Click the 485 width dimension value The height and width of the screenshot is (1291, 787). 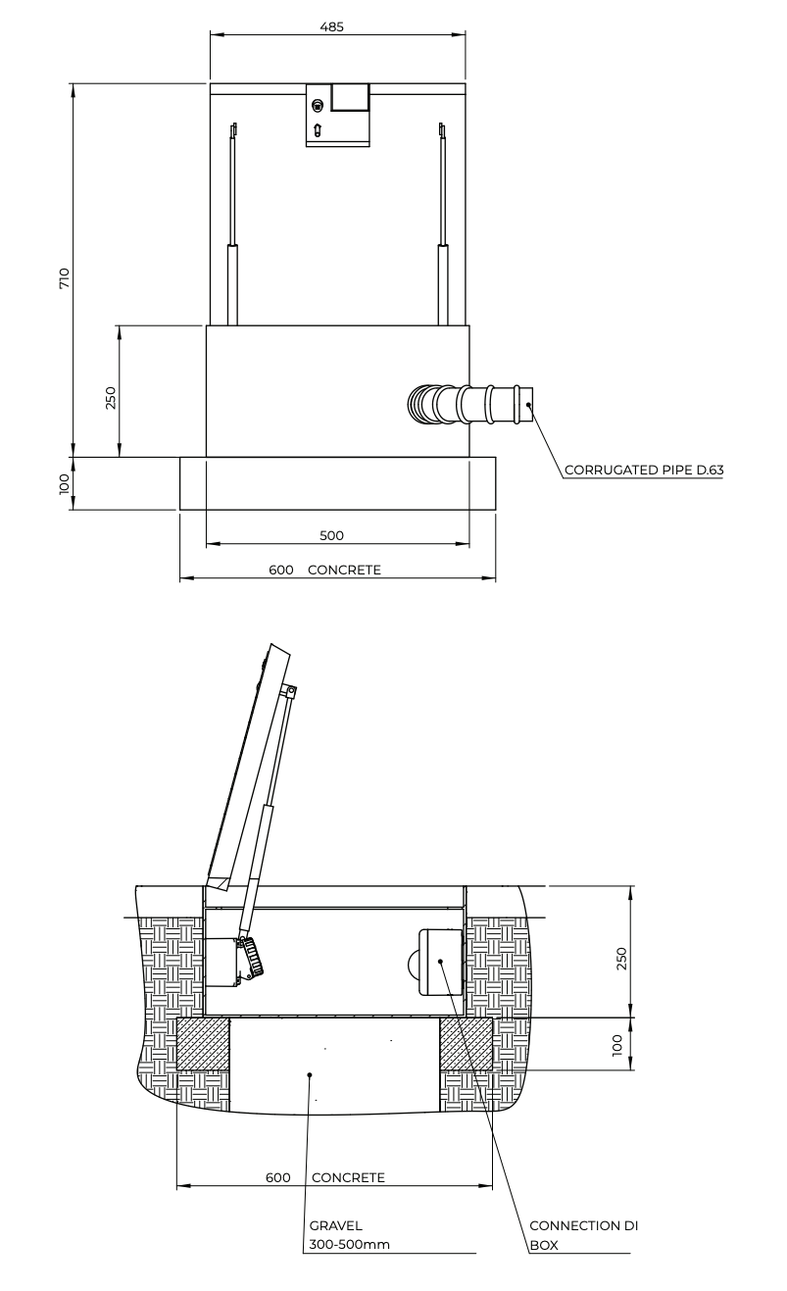pos(332,26)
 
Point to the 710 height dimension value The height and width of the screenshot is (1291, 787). pos(64,278)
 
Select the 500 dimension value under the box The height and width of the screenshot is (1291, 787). pos(331,535)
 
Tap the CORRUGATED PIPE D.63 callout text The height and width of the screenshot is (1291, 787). pos(644,470)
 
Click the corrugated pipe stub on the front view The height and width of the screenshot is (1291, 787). pos(470,404)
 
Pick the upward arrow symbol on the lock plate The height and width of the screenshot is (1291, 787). pos(317,130)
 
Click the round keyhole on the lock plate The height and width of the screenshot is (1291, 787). pos(317,106)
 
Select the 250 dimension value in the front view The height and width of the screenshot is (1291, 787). pos(110,398)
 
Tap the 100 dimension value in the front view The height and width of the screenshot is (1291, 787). pos(64,483)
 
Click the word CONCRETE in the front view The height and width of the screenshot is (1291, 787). pos(344,570)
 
